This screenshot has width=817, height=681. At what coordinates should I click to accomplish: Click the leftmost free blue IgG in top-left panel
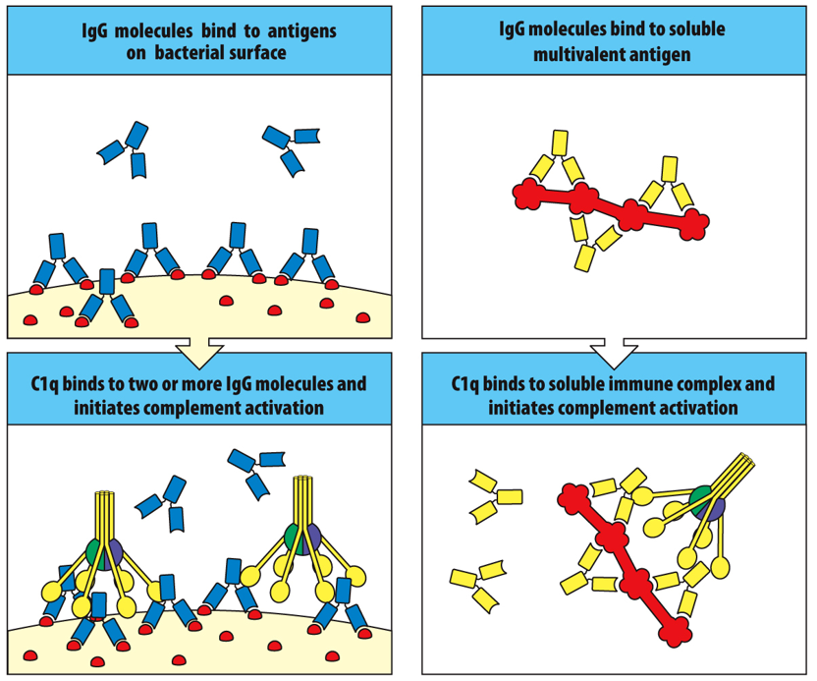click(x=125, y=152)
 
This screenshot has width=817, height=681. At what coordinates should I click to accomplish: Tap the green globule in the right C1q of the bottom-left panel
click(x=294, y=537)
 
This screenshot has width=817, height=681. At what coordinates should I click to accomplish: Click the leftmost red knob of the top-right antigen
click(x=528, y=195)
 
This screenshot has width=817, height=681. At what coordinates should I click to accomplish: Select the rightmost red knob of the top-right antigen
click(x=695, y=224)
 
